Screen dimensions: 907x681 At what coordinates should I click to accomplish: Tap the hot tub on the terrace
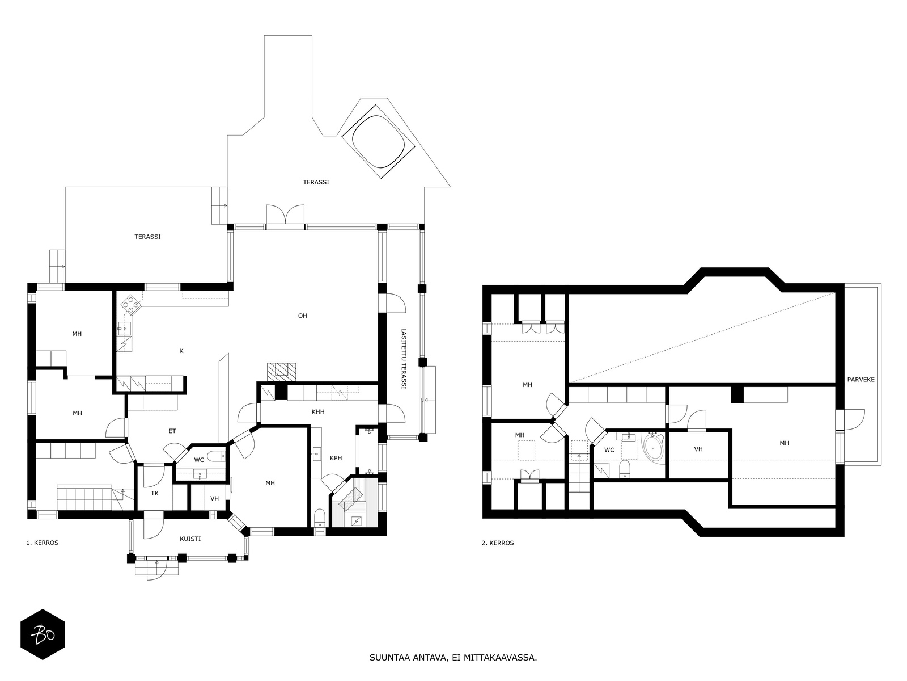tap(379, 142)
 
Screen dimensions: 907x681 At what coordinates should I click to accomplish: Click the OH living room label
tap(303, 316)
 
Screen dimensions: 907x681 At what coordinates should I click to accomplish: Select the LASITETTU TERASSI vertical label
tap(404, 359)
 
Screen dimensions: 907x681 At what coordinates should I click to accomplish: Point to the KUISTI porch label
tap(190, 539)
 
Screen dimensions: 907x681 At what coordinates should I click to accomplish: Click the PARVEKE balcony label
tap(861, 380)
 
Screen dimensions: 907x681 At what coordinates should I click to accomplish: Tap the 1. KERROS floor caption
tap(42, 543)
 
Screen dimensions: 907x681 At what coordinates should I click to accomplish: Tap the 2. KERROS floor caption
tap(498, 543)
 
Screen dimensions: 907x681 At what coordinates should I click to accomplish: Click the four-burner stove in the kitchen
tap(131, 304)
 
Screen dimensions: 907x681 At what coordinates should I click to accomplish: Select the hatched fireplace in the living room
tap(282, 372)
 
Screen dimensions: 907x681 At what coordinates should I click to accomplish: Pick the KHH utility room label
tap(318, 412)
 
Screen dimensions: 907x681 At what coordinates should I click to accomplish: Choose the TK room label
tap(155, 493)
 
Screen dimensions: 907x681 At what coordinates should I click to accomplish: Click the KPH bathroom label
tap(336, 458)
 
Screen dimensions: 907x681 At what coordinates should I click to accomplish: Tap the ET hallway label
tap(172, 431)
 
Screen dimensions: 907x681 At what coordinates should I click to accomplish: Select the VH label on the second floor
tap(698, 449)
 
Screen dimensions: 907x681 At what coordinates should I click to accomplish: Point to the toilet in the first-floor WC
tap(216, 456)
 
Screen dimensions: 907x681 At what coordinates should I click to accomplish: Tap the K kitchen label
tap(181, 351)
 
